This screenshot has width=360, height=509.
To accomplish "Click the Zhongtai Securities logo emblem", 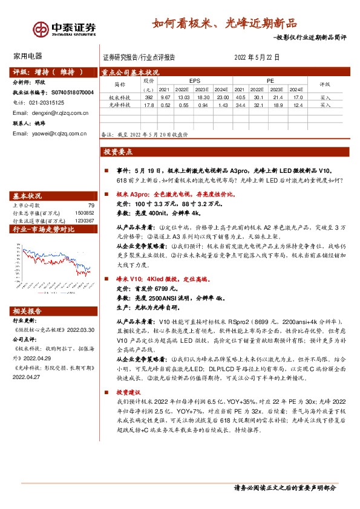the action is click(x=41, y=28).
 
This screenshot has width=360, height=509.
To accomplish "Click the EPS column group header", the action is click(x=194, y=80).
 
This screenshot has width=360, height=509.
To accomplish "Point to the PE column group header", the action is click(x=270, y=80).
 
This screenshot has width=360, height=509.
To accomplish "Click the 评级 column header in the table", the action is click(x=325, y=85).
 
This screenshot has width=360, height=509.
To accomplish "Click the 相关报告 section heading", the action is click(x=27, y=311).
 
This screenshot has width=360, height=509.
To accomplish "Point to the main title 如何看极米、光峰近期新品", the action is click(x=225, y=24).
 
